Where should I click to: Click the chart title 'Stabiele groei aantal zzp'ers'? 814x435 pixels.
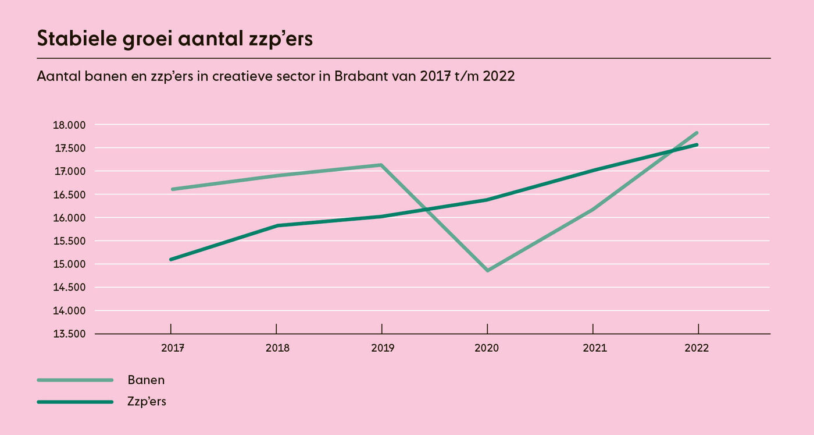click(x=175, y=38)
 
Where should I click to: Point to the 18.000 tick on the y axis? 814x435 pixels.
click(x=69, y=125)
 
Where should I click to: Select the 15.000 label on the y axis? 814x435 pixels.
click(x=69, y=264)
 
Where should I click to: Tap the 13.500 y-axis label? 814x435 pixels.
click(x=69, y=334)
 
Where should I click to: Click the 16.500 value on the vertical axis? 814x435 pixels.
click(x=69, y=194)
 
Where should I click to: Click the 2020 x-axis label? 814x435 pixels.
click(x=487, y=348)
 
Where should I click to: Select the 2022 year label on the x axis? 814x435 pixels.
click(x=697, y=348)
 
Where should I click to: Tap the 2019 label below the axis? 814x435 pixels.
click(x=382, y=348)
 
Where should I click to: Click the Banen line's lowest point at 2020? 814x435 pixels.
click(x=487, y=271)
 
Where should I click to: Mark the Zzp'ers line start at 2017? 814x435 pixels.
click(x=171, y=259)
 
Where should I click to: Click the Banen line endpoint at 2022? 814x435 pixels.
click(x=697, y=133)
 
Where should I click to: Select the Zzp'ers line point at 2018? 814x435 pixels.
click(x=277, y=225)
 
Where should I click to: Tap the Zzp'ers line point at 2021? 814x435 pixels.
click(x=592, y=170)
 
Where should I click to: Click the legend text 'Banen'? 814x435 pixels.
click(x=146, y=380)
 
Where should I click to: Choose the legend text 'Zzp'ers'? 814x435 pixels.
click(x=147, y=401)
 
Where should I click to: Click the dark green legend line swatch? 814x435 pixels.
click(x=75, y=402)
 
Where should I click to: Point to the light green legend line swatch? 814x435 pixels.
click(x=75, y=380)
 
